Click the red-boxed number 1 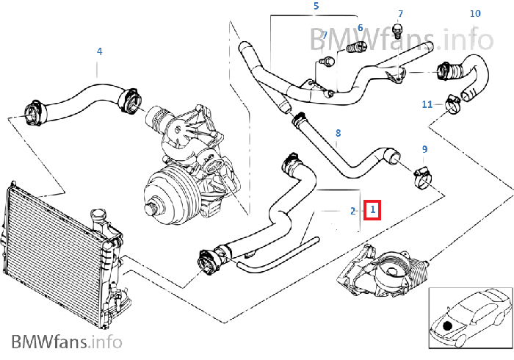pos(373,210)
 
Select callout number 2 pos(353,211)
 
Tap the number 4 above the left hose pos(100,51)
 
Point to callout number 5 pos(316,7)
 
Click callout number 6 pos(360,28)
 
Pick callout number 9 pos(424,149)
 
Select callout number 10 pos(475,13)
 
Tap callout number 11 pos(427,104)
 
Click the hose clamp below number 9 pos(422,175)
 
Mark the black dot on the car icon pos(448,325)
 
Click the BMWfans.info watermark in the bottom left pos(66,342)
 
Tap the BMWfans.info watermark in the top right pos(400,37)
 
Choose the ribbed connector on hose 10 pos(446,71)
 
